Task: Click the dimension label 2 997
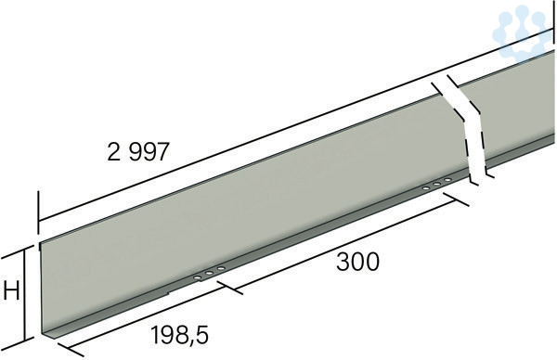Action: coord(137,152)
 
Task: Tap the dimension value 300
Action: coord(357,262)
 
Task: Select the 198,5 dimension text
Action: coord(179,335)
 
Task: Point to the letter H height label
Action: coord(11,292)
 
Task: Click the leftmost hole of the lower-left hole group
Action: coord(197,276)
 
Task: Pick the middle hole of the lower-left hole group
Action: coord(209,273)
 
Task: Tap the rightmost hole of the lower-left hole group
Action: coord(221,268)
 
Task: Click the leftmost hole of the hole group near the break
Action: coord(425,188)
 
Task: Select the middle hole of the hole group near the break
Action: coord(436,185)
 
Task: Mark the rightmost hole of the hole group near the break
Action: coord(447,180)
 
